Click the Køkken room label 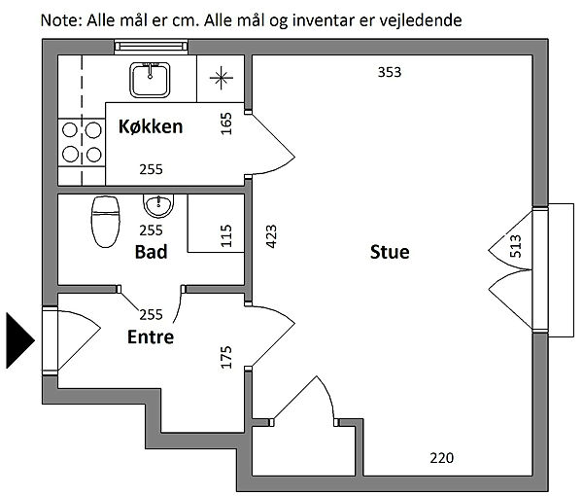click(x=151, y=126)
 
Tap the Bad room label click(x=151, y=252)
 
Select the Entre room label click(x=151, y=337)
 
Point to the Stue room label click(x=390, y=252)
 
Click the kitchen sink click(x=150, y=79)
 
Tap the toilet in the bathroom click(x=103, y=221)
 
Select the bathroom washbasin click(x=156, y=205)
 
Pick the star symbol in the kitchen click(x=222, y=78)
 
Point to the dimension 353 click(x=389, y=72)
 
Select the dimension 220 click(x=441, y=458)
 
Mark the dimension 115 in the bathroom click(x=226, y=237)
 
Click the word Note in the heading click(x=59, y=18)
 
